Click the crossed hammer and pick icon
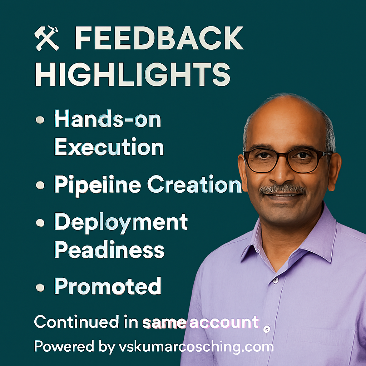[x=46, y=38]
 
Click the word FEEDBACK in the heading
[x=159, y=38]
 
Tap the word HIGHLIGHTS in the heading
[x=133, y=75]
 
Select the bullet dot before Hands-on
[x=40, y=120]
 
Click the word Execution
[x=109, y=147]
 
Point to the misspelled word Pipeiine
[x=98, y=186]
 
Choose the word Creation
[x=194, y=184]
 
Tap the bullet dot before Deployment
[x=40, y=223]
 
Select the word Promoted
[x=108, y=286]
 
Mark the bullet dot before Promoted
[x=40, y=288]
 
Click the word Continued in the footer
[x=77, y=322]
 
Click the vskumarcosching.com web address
[x=196, y=347]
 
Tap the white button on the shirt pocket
[x=267, y=329]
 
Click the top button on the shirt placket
[x=276, y=280]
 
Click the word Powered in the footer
[x=64, y=346]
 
